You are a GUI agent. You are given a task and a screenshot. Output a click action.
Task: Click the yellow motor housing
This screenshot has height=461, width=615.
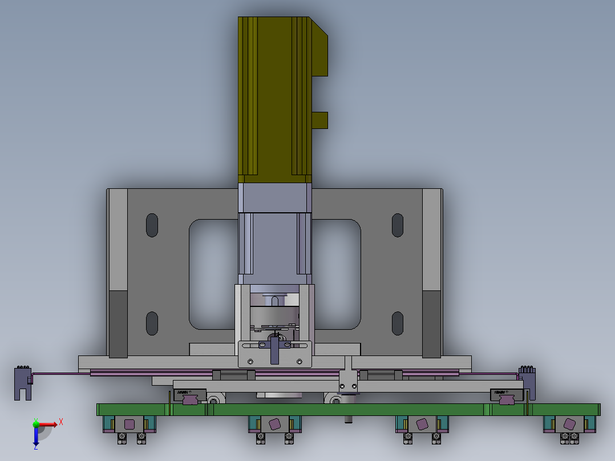click(274, 97)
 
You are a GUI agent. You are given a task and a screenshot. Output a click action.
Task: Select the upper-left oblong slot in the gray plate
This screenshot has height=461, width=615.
click(152, 225)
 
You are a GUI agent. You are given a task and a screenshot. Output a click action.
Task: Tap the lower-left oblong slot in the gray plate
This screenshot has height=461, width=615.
click(152, 323)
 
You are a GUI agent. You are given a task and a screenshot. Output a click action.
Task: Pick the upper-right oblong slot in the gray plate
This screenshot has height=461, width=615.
click(398, 225)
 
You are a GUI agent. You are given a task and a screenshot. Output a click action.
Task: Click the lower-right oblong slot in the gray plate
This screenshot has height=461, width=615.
click(398, 323)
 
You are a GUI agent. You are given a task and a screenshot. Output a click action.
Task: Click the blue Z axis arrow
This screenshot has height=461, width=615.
click(35, 437)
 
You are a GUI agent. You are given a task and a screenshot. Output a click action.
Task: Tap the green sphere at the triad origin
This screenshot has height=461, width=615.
click(36, 424)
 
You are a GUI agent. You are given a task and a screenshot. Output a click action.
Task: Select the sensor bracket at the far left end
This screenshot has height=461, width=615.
click(22, 383)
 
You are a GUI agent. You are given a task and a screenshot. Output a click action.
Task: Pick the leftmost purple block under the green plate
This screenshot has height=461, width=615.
click(130, 424)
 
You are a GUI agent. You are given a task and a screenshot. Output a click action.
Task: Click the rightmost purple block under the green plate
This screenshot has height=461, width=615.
click(569, 424)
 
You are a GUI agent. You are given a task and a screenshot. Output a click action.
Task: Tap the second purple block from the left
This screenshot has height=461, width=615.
click(274, 424)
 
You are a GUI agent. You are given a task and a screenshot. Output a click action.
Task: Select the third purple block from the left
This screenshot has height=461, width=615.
click(422, 424)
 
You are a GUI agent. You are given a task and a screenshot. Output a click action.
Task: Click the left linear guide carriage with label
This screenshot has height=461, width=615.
click(189, 396)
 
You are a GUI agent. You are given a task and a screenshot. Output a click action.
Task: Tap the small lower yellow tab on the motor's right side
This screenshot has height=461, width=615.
click(320, 120)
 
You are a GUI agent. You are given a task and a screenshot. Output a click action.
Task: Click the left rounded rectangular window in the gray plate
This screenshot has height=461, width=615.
click(213, 274)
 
